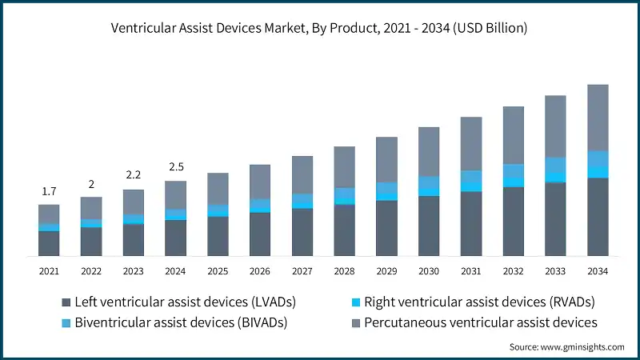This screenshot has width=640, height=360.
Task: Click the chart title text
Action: pyautogui.click(x=320, y=28)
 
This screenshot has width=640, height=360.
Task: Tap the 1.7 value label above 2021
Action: pyautogui.click(x=49, y=191)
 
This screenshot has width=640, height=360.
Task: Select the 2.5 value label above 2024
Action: pyautogui.click(x=175, y=167)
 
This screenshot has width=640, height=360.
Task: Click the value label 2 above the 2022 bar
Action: pyautogui.click(x=91, y=184)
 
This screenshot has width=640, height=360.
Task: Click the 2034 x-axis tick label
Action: pyautogui.click(x=598, y=271)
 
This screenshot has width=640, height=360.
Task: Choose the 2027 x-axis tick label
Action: pyautogui.click(x=302, y=271)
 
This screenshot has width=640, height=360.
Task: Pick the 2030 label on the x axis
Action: pyautogui.click(x=429, y=271)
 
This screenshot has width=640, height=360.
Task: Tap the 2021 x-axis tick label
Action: pyautogui.click(x=49, y=271)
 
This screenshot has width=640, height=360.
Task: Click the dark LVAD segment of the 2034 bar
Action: pyautogui.click(x=598, y=216)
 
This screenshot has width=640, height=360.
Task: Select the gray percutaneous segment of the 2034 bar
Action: pyautogui.click(x=598, y=117)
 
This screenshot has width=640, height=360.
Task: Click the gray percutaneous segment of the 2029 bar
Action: pyautogui.click(x=386, y=159)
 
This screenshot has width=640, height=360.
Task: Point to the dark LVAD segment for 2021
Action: pyautogui.click(x=49, y=243)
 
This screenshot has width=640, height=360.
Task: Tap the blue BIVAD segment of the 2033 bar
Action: pyautogui.click(x=555, y=165)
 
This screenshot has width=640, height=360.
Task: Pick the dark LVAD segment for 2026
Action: pyautogui.click(x=260, y=234)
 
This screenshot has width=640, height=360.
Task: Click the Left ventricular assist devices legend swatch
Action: pyautogui.click(x=66, y=302)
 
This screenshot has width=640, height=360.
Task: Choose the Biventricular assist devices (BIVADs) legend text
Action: pyautogui.click(x=181, y=323)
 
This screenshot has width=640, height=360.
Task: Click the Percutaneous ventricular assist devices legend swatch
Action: pyautogui.click(x=356, y=323)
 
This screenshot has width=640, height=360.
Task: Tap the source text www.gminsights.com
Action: pyautogui.click(x=566, y=346)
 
